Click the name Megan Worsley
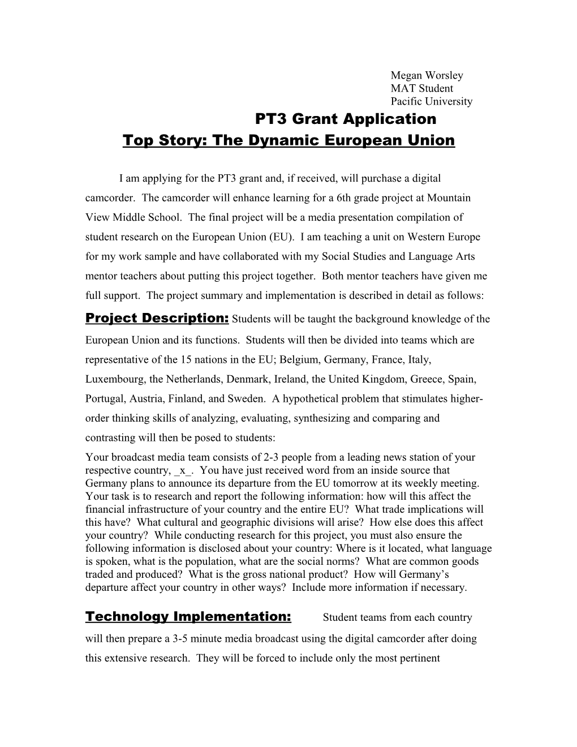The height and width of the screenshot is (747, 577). (x=427, y=75)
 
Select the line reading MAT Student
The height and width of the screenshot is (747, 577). (x=421, y=88)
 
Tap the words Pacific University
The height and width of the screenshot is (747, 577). (x=431, y=102)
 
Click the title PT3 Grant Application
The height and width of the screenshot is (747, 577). (x=346, y=119)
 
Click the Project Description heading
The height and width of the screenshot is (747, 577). (x=157, y=318)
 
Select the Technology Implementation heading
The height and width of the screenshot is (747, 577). (x=188, y=616)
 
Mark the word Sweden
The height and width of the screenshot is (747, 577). (x=246, y=398)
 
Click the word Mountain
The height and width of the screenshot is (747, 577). (x=450, y=198)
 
